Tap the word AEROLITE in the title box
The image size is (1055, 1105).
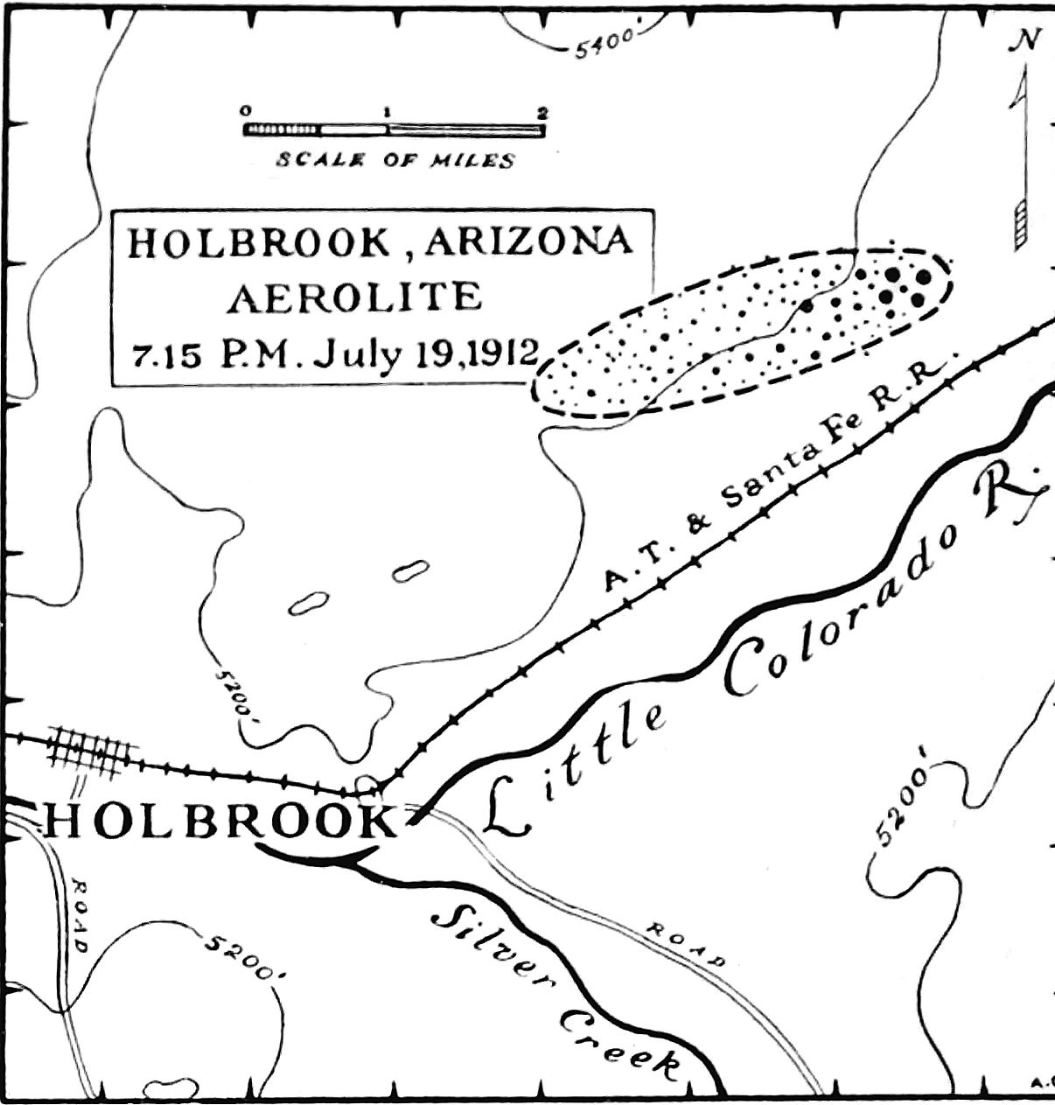tap(354, 297)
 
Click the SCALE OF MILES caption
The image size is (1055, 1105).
tap(395, 160)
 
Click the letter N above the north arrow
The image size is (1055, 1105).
tap(1026, 39)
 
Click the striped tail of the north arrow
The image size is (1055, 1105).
tap(1021, 224)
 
